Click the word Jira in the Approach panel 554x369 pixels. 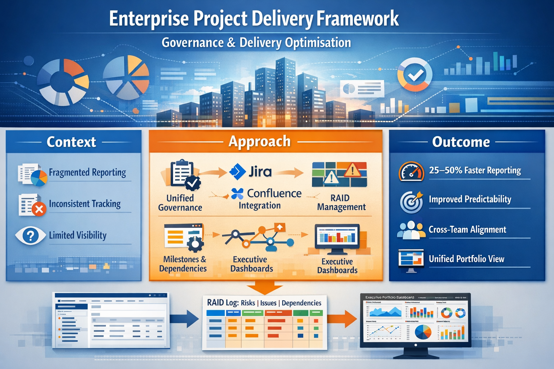point(260,172)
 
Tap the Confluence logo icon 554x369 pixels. point(237,194)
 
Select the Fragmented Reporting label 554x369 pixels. point(87,173)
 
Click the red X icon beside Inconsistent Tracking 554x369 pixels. point(39,209)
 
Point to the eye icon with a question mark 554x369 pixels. point(30,236)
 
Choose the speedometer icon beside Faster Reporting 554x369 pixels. point(411,172)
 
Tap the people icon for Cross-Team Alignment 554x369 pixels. point(411,230)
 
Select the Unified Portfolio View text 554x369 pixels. point(466,259)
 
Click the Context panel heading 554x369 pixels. point(71,142)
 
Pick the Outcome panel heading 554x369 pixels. point(461,142)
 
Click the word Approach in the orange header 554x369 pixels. point(260,141)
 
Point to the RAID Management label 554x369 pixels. point(341,203)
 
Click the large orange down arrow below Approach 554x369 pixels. point(265,288)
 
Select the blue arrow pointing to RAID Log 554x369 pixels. point(185,319)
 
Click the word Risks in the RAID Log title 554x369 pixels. point(248,303)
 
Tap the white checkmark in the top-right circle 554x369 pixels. point(415,75)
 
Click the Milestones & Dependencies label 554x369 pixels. point(183,264)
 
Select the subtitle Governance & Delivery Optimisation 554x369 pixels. point(256,43)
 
